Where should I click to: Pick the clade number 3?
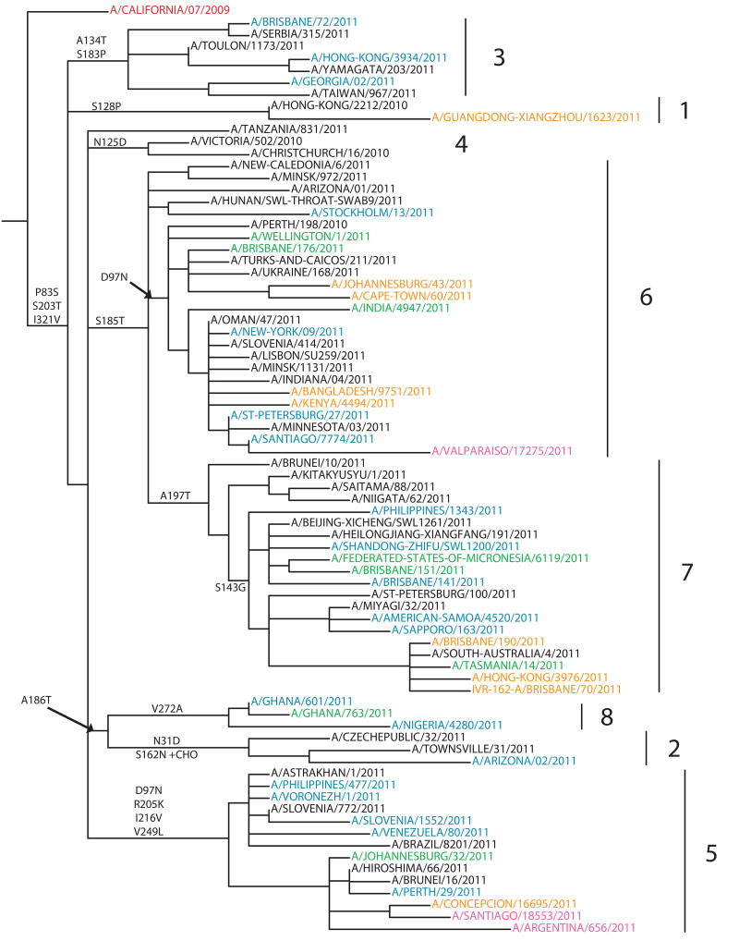coord(499,57)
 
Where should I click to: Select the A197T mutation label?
coord(175,495)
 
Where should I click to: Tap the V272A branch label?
coord(169,708)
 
